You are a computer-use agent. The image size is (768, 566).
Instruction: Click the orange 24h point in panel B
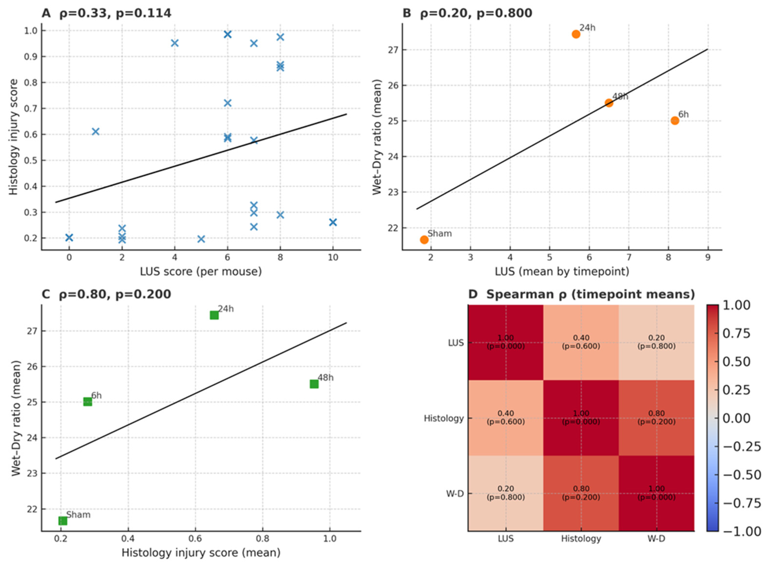point(576,34)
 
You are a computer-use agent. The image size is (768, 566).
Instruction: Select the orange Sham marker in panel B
point(424,240)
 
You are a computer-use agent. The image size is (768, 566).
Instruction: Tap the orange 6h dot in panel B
point(675,120)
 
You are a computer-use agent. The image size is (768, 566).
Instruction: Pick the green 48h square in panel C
point(314,384)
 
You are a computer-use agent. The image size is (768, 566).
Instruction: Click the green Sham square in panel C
point(63,521)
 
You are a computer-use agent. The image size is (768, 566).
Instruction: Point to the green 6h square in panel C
point(88,402)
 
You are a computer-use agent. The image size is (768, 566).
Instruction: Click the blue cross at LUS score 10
point(333,222)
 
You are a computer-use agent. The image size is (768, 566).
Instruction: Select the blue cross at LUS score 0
point(69,237)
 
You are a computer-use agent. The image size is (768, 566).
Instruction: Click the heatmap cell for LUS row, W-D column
point(656,342)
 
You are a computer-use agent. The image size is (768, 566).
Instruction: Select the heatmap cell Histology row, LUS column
point(506,418)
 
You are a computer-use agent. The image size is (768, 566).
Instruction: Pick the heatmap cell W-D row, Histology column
point(581,493)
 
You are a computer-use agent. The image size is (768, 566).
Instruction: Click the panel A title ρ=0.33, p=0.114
point(115,13)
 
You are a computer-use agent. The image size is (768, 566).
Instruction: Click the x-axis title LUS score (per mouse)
point(201,272)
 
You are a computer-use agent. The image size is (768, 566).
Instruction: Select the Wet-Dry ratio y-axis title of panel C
point(16,418)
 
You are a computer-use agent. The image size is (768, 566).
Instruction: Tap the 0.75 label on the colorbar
point(736,333)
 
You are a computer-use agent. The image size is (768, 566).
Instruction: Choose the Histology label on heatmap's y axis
point(444,418)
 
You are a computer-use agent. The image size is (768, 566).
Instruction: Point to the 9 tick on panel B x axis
point(708,257)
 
